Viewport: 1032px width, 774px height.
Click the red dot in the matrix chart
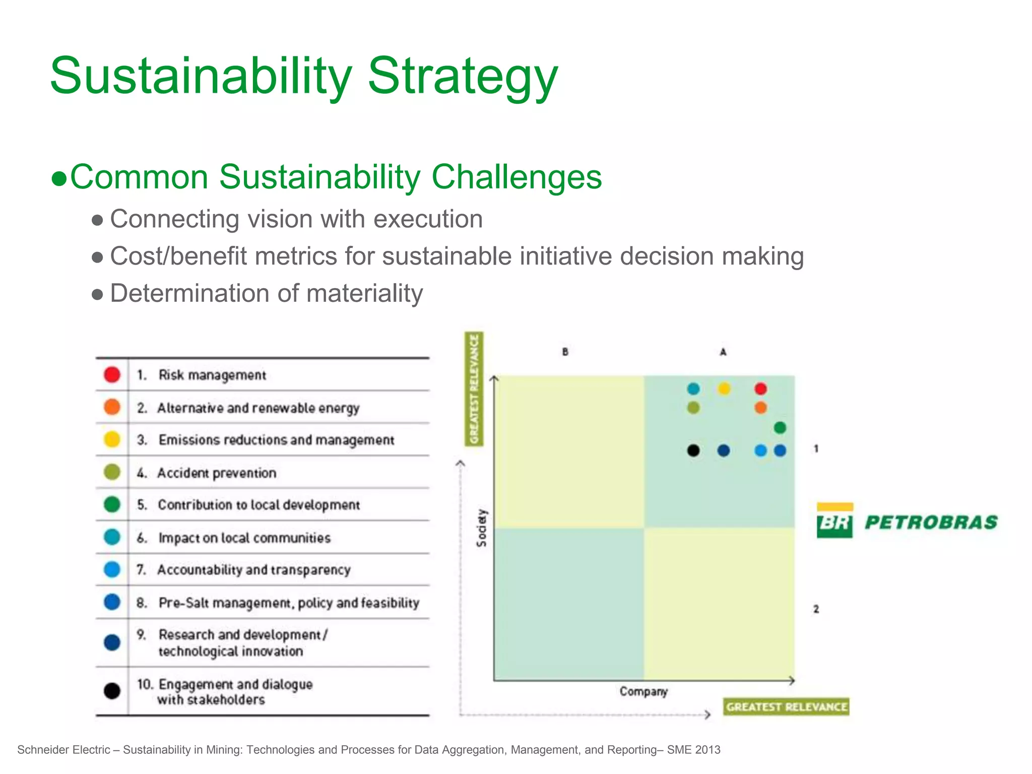(760, 389)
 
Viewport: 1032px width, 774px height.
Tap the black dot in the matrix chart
(693, 450)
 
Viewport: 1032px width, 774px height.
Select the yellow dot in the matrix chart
(724, 389)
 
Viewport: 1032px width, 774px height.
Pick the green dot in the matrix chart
(780, 428)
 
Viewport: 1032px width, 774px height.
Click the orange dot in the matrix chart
(760, 408)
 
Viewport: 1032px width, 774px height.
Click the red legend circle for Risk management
(112, 374)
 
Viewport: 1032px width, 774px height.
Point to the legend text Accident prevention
(217, 473)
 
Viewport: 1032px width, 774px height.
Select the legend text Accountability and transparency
(253, 570)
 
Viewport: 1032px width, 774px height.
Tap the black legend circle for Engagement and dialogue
(112, 690)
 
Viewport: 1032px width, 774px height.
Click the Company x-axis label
(643, 691)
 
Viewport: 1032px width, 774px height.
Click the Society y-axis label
(482, 528)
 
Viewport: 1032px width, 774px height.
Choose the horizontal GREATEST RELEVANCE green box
(786, 706)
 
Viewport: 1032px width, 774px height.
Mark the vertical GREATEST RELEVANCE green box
(474, 389)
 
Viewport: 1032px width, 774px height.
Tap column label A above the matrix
(723, 352)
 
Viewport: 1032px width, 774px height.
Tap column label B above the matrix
(565, 352)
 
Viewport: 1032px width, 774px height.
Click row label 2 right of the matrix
(816, 609)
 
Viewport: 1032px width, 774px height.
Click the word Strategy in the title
(463, 76)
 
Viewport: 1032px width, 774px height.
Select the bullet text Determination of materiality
(266, 293)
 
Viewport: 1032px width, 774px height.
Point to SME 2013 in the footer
(693, 750)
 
